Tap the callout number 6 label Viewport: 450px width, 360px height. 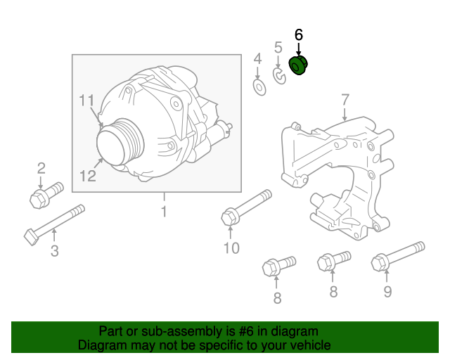tap(298, 34)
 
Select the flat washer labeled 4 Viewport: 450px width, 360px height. tap(258, 87)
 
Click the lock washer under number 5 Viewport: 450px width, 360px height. tap(279, 75)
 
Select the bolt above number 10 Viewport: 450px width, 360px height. tap(247, 207)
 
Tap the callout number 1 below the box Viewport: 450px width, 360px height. tap(164, 211)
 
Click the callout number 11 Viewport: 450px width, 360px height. tap(86, 101)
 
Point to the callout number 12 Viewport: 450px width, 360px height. tap(87, 175)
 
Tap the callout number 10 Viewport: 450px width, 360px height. tap(231, 247)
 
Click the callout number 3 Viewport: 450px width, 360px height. tap(54, 252)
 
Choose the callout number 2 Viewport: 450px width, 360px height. tap(41, 167)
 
